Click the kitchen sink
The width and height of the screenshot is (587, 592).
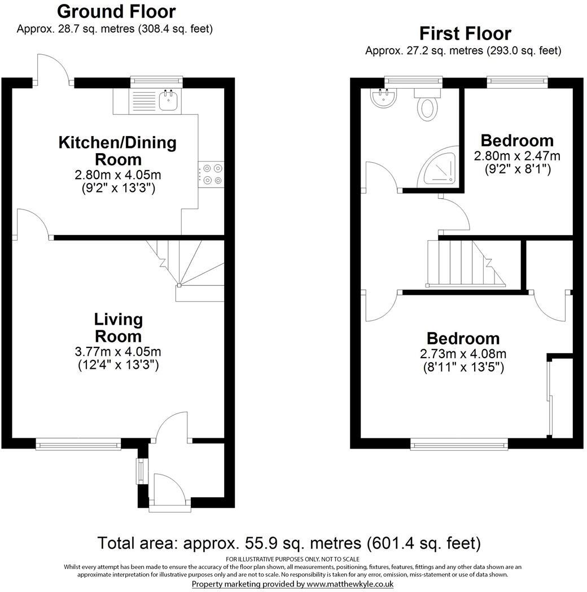pyautogui.click(x=168, y=101)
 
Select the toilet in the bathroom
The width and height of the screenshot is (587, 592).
pyautogui.click(x=428, y=106)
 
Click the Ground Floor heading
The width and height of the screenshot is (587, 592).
pyautogui.click(x=116, y=11)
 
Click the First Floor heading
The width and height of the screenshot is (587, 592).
pyautogui.click(x=465, y=33)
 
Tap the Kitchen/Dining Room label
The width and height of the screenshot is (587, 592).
pyautogui.click(x=117, y=150)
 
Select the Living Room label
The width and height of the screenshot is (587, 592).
pyautogui.click(x=119, y=328)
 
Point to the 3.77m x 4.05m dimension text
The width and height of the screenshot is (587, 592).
pyautogui.click(x=118, y=351)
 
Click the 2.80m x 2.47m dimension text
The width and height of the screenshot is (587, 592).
pyautogui.click(x=517, y=156)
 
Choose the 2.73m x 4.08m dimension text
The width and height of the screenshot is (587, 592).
pyautogui.click(x=463, y=354)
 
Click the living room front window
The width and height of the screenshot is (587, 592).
pyautogui.click(x=78, y=445)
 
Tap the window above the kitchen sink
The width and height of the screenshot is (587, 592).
pyautogui.click(x=156, y=82)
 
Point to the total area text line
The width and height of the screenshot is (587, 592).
pyautogui.click(x=289, y=543)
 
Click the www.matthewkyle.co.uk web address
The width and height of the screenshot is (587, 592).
pyautogui.click(x=350, y=584)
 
